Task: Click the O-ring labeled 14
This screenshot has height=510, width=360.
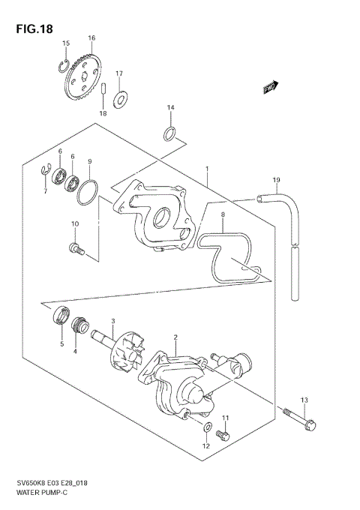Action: click(170, 135)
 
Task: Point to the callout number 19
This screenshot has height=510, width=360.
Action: click(276, 180)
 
